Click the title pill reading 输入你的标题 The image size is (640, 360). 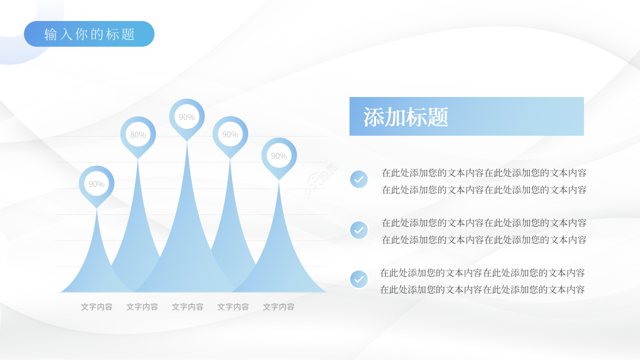(89, 34)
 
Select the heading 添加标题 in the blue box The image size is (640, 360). (405, 117)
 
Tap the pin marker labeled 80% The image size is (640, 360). (138, 134)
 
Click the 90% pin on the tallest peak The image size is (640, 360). (187, 116)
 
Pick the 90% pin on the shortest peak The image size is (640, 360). (96, 183)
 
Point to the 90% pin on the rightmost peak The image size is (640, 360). (279, 155)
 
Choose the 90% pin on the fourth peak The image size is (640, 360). (230, 134)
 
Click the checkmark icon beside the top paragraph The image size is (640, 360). (359, 179)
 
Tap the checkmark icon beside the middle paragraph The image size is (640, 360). (359, 230)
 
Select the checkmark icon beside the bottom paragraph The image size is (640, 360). (359, 279)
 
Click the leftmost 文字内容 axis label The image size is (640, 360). (96, 307)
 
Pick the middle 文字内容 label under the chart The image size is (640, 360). (187, 307)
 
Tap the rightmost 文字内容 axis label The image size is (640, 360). (278, 307)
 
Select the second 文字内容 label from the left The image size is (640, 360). (142, 307)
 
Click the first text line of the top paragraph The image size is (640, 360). (484, 173)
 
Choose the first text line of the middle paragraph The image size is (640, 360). (484, 223)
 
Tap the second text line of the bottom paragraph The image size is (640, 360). (482, 289)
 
